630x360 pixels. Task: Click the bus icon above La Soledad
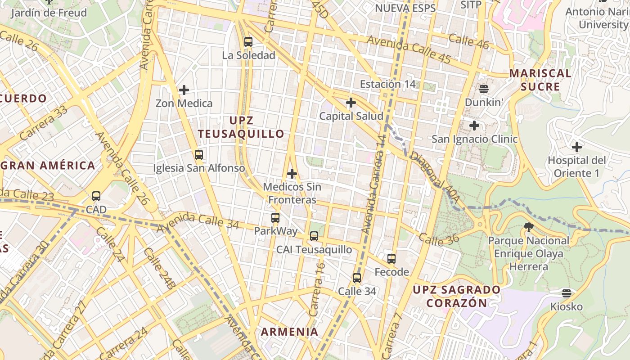point(248,42)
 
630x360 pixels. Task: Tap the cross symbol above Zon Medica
point(184,90)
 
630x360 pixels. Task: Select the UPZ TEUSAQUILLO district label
point(241,127)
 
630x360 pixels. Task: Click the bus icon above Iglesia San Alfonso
point(198,155)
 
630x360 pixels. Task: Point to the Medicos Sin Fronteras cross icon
point(292,173)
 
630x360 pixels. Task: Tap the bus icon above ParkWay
point(275,218)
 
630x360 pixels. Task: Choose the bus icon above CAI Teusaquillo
point(314,236)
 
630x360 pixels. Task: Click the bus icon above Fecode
point(391,258)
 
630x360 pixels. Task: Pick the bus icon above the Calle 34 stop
point(357,278)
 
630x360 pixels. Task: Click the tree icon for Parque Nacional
point(529,227)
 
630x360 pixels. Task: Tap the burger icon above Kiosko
point(567,293)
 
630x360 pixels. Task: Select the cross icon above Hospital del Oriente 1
point(576,147)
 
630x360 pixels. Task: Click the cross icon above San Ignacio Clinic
point(474,126)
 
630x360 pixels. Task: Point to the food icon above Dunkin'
point(484,89)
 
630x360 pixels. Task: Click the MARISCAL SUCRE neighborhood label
point(540,80)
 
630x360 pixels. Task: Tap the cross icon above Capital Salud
point(351,103)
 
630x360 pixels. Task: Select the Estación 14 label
point(387,84)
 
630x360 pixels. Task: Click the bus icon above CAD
point(96,196)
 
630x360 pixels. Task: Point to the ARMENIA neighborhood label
point(290,332)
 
